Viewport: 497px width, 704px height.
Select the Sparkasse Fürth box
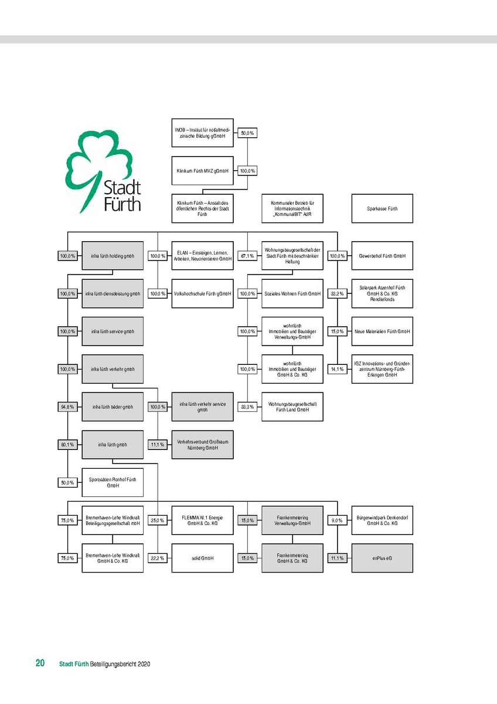tap(382, 208)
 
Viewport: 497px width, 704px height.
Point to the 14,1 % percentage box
tap(337, 369)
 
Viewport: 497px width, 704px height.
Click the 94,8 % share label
tap(67, 407)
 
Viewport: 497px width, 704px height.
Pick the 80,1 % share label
tap(67, 445)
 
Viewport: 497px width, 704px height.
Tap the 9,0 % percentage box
tap(337, 520)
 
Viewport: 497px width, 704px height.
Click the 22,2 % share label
tap(158, 558)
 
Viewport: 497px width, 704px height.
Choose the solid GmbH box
tap(202, 558)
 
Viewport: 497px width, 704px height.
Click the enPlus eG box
tap(382, 558)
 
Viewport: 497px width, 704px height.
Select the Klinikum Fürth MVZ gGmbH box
tap(202, 171)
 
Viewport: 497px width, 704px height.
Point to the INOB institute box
tap(202, 133)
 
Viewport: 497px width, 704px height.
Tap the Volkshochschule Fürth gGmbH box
tap(202, 293)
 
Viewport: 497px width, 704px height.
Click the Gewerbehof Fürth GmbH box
tap(382, 256)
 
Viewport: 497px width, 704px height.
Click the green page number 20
tap(40, 664)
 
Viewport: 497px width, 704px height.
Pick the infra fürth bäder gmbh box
tap(113, 407)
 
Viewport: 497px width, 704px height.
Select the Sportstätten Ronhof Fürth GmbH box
tap(113, 482)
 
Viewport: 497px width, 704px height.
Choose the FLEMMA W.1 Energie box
tap(202, 520)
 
